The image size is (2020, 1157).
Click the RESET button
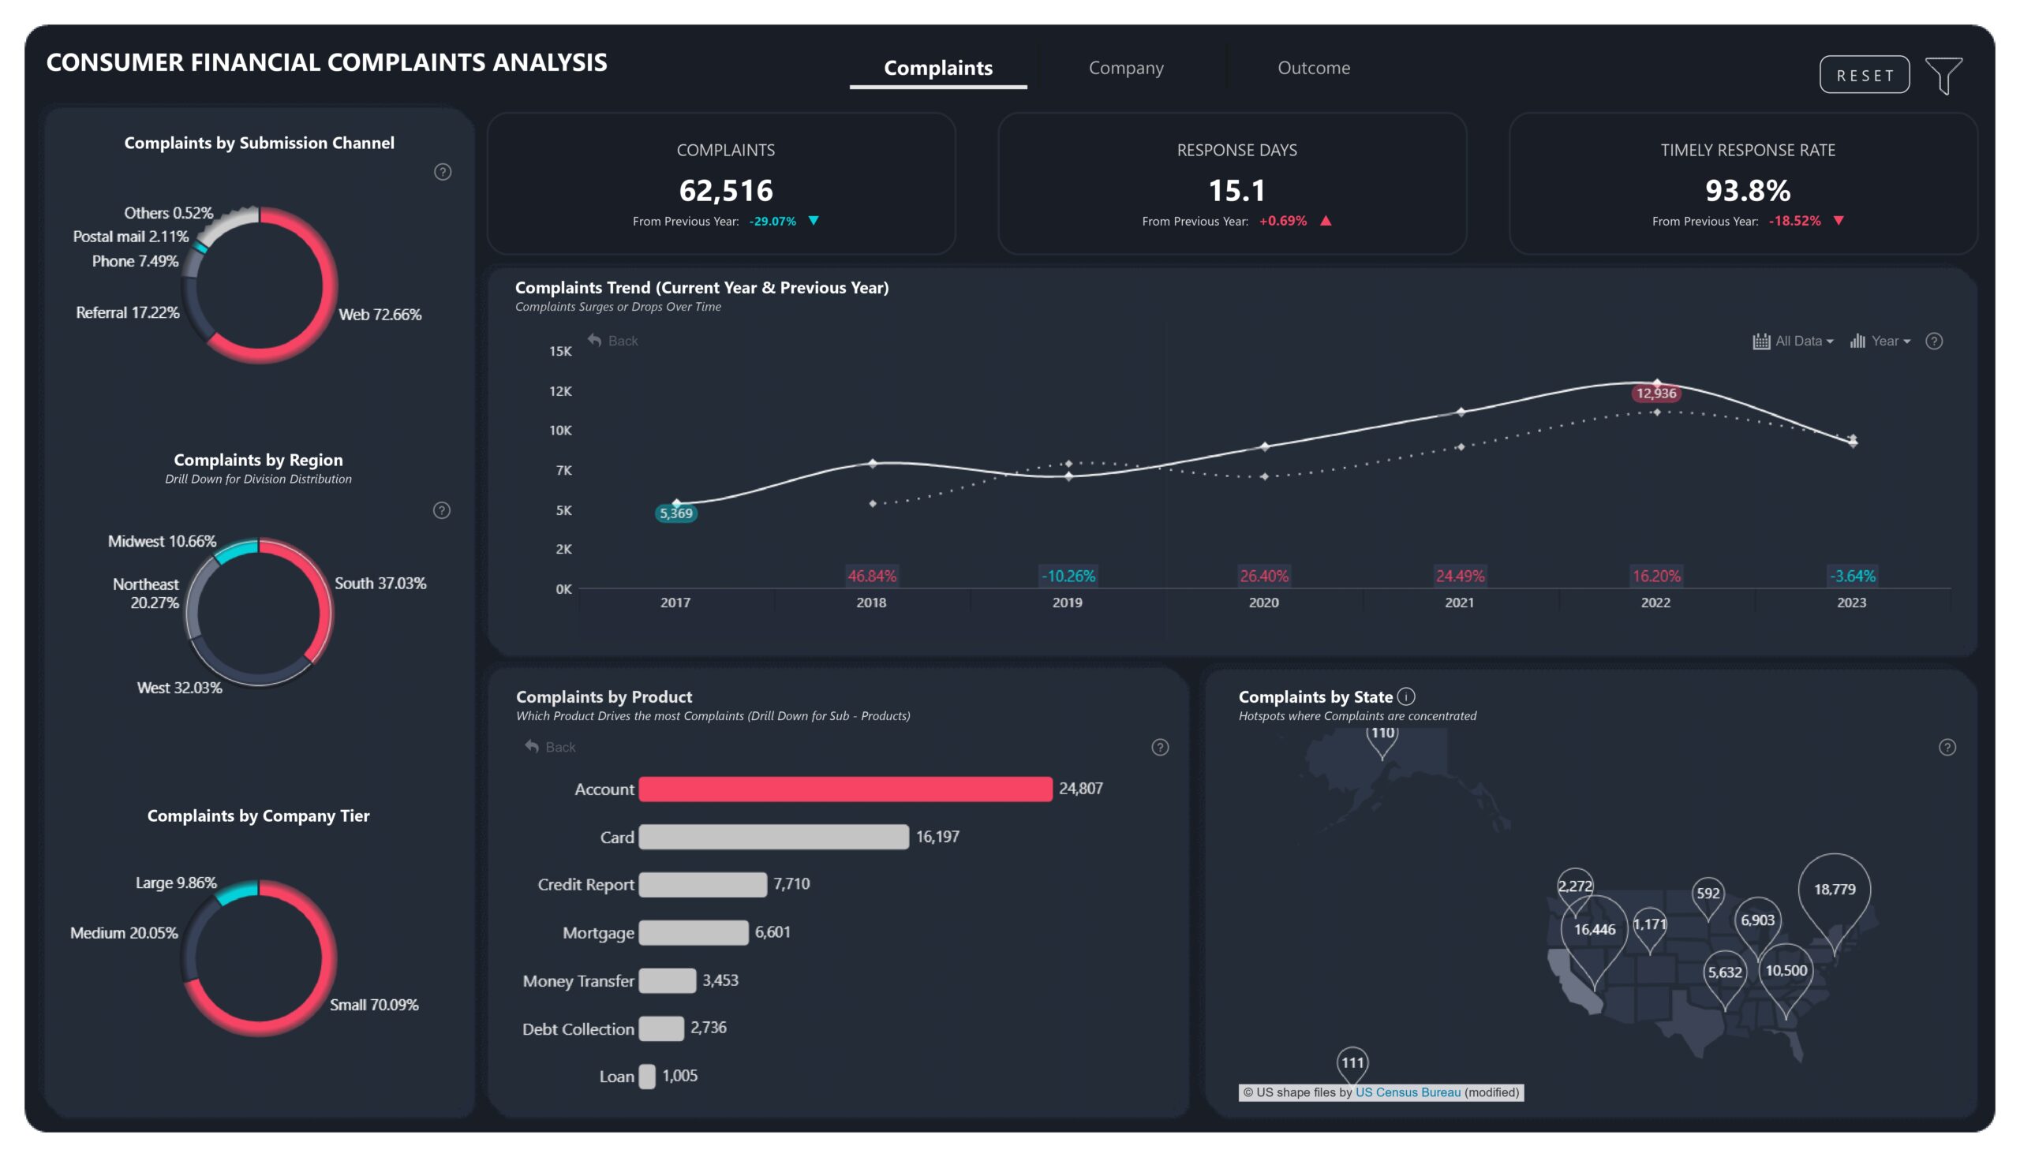[1864, 75]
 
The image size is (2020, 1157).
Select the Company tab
[1125, 69]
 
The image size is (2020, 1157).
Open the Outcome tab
[1312, 69]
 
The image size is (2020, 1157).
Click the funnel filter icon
[1943, 76]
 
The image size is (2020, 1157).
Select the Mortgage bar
[693, 932]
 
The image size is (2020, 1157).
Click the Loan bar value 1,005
[679, 1075]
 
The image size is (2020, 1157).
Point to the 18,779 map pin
[1833, 889]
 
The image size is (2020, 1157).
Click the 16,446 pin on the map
[1593, 929]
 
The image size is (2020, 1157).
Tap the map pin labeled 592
[1707, 893]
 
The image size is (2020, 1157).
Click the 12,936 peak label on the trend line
[1655, 394]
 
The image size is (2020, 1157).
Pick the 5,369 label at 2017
[675, 513]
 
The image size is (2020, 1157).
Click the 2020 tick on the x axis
[1262, 603]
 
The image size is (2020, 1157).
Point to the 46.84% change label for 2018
[871, 576]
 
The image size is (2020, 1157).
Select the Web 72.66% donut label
[380, 315]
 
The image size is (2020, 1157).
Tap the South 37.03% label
[380, 584]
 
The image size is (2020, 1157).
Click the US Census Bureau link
[1407, 1092]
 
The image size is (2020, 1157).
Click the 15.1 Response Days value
[1236, 191]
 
